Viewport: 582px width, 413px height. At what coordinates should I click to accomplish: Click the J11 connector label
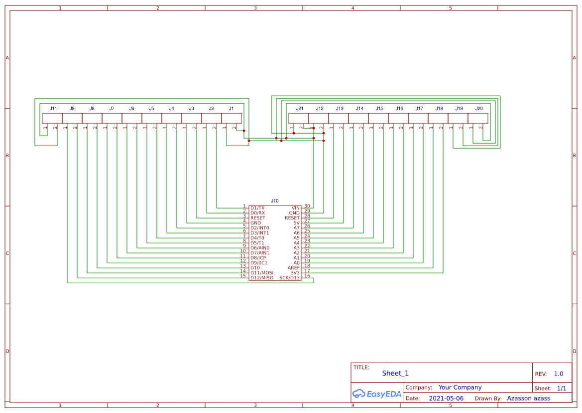(x=53, y=108)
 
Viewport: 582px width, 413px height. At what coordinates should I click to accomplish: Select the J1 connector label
(x=231, y=108)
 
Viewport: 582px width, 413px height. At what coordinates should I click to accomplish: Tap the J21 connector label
(x=299, y=108)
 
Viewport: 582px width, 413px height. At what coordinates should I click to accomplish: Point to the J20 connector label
(x=478, y=108)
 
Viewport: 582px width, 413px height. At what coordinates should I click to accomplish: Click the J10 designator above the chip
(x=275, y=201)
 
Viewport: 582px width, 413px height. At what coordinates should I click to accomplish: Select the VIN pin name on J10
(x=296, y=208)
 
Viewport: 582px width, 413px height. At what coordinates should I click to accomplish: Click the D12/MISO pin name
(x=262, y=278)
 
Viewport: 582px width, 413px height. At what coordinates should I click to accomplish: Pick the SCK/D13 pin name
(x=290, y=278)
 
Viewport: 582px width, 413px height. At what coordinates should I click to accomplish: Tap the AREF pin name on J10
(x=294, y=268)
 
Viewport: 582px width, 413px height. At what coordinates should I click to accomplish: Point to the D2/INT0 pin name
(x=259, y=228)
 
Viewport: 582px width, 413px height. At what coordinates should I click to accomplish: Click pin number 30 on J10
(x=307, y=206)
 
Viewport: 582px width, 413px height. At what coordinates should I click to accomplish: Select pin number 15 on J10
(x=243, y=276)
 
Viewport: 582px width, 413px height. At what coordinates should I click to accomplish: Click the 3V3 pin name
(x=295, y=273)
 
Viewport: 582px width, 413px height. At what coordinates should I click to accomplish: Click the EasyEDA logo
(x=376, y=394)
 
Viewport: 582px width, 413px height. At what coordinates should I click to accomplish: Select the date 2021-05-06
(x=446, y=399)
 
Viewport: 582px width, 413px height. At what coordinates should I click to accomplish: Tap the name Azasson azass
(x=528, y=399)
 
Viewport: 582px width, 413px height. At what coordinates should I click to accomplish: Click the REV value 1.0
(x=559, y=374)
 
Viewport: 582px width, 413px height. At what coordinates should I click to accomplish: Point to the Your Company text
(x=460, y=387)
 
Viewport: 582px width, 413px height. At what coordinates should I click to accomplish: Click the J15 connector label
(x=379, y=108)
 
